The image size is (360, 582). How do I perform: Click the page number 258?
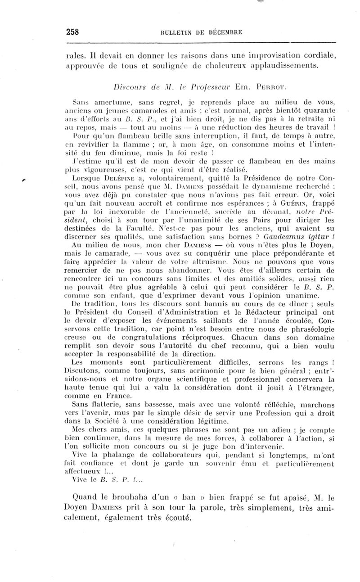click(73, 32)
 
